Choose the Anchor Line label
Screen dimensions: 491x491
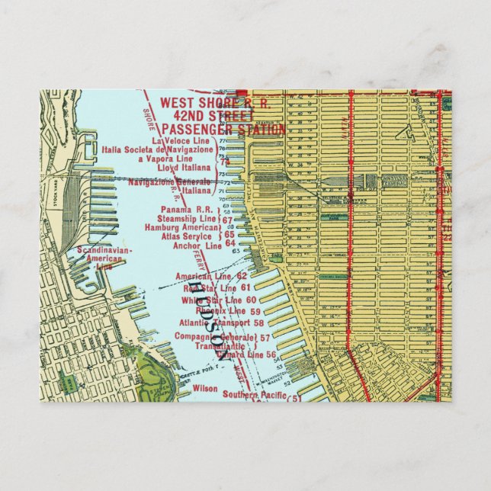(197, 245)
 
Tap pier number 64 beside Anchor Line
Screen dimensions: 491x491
(230, 244)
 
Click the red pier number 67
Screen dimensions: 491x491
(227, 220)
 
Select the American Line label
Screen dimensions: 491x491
(201, 276)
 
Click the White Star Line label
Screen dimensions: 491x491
(207, 300)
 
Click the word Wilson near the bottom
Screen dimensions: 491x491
(205, 388)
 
